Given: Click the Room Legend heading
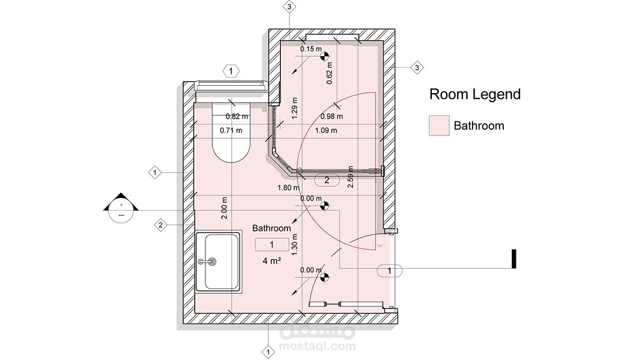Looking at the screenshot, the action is [475, 94].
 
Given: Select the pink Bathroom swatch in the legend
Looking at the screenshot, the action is [439, 125].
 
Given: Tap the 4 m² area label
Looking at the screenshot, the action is [271, 260].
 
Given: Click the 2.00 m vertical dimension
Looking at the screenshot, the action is [224, 208].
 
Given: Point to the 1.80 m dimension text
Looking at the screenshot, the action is [288, 187].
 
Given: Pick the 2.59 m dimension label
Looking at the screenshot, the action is [350, 177].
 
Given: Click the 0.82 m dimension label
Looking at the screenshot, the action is [237, 116].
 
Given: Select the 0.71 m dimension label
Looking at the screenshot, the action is [231, 130].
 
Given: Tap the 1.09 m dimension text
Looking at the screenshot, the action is [326, 130].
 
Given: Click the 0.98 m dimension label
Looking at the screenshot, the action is [331, 116].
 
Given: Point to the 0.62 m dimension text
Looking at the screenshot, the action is [329, 73].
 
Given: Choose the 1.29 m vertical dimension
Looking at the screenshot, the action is [295, 108].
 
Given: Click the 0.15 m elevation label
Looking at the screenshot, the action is [311, 49].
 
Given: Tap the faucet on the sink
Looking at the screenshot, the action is [207, 262].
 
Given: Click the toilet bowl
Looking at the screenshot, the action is [231, 132].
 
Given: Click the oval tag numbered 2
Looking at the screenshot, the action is [327, 180].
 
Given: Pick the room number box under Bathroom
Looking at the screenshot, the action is [272, 245].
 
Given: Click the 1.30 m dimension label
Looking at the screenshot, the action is [295, 245].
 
